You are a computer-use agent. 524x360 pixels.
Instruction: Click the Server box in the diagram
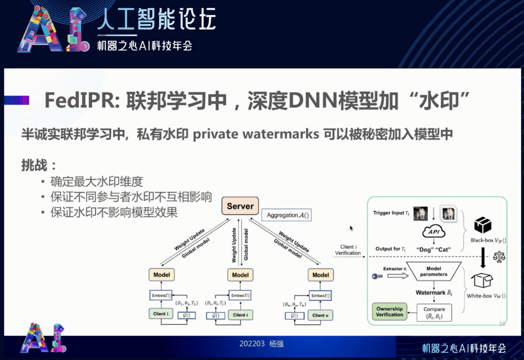240,207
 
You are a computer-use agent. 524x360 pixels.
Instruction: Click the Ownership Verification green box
389,312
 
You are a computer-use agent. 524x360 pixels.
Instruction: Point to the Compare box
430,312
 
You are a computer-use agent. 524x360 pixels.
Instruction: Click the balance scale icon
499,255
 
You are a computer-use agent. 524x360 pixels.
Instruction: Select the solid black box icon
482,225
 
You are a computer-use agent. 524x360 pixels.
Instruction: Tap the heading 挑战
39,165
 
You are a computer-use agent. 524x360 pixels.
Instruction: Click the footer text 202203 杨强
262,344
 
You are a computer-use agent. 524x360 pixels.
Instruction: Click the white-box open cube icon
482,280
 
